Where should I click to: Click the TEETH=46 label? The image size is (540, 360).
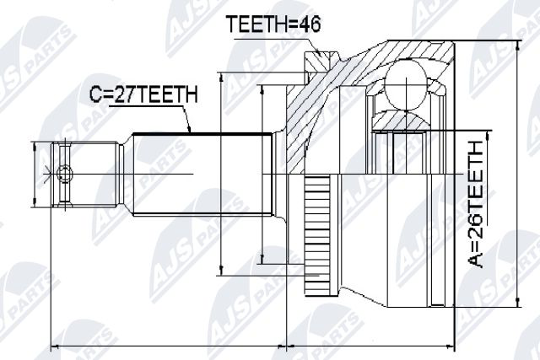pos(273,24)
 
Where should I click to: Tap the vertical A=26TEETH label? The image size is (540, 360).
pos(475,205)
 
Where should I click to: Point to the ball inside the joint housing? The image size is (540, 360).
pos(406,84)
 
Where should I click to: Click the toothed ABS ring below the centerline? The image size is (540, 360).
pos(317,235)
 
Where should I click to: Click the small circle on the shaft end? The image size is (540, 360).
pos(64,173)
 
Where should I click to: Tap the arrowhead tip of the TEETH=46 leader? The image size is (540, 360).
pos(320,56)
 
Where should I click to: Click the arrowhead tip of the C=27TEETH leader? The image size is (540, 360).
pos(190,132)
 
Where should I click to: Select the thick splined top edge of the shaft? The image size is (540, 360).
pos(202,133)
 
